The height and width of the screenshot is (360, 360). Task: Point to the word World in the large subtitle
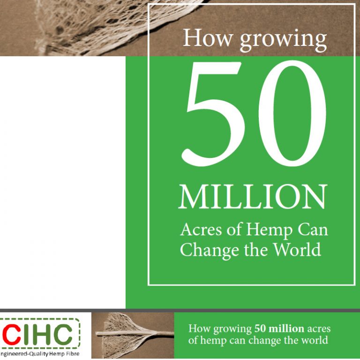coord(298,249)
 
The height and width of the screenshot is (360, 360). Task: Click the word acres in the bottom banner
coord(319,329)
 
